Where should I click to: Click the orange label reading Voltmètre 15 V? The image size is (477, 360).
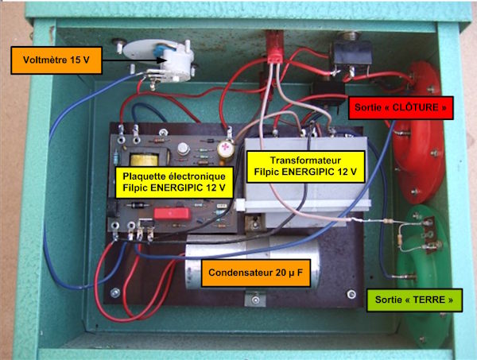pos(56,60)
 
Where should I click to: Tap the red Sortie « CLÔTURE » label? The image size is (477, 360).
pos(401,107)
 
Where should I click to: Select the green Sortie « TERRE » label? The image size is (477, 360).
pos(414,300)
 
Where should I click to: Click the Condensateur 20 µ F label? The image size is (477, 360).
pos(256,273)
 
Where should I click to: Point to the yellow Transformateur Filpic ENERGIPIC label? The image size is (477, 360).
pos(305,166)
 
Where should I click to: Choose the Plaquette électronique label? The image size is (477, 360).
pos(174,182)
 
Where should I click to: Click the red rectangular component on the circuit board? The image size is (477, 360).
pos(173,214)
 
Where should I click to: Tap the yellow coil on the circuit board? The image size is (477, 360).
pos(144,160)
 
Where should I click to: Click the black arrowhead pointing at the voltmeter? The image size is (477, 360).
pos(161,60)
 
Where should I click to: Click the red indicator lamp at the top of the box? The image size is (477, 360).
pos(275,47)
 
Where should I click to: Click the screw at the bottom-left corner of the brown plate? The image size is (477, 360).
pos(115,292)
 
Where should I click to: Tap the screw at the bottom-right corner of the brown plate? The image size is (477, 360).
pos(351,294)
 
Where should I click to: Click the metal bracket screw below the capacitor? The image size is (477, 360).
pos(255,300)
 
